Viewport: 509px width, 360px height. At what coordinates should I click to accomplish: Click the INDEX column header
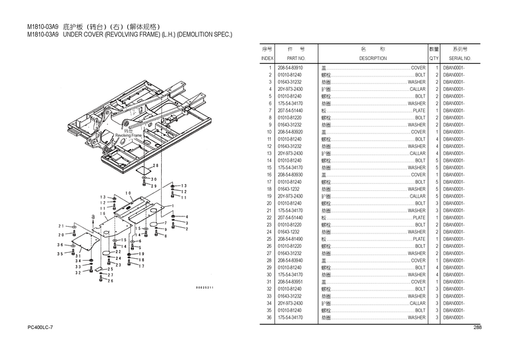pyautogui.click(x=267, y=58)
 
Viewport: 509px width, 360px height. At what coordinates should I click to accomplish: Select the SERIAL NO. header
pyautogui.click(x=456, y=58)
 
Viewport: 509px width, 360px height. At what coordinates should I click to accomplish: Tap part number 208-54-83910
pyautogui.click(x=290, y=68)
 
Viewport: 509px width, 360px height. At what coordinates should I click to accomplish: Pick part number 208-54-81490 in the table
pyautogui.click(x=290, y=239)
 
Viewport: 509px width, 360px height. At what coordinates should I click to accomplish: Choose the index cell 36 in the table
pyautogui.click(x=268, y=318)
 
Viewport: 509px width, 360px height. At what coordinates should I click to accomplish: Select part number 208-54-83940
pyautogui.click(x=290, y=261)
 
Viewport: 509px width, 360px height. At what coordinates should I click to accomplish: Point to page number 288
pyautogui.click(x=477, y=328)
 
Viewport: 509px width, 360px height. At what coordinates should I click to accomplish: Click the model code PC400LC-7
pyautogui.click(x=41, y=328)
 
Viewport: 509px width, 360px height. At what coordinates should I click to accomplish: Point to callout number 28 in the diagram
pyautogui.click(x=156, y=165)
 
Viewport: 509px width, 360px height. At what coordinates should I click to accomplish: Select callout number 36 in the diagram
pyautogui.click(x=61, y=245)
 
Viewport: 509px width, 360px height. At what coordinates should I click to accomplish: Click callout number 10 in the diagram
pyautogui.click(x=128, y=193)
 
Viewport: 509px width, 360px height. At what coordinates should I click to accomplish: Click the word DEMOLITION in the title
pyautogui.click(x=195, y=35)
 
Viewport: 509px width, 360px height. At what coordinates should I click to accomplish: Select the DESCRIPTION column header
pyautogui.click(x=373, y=58)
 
